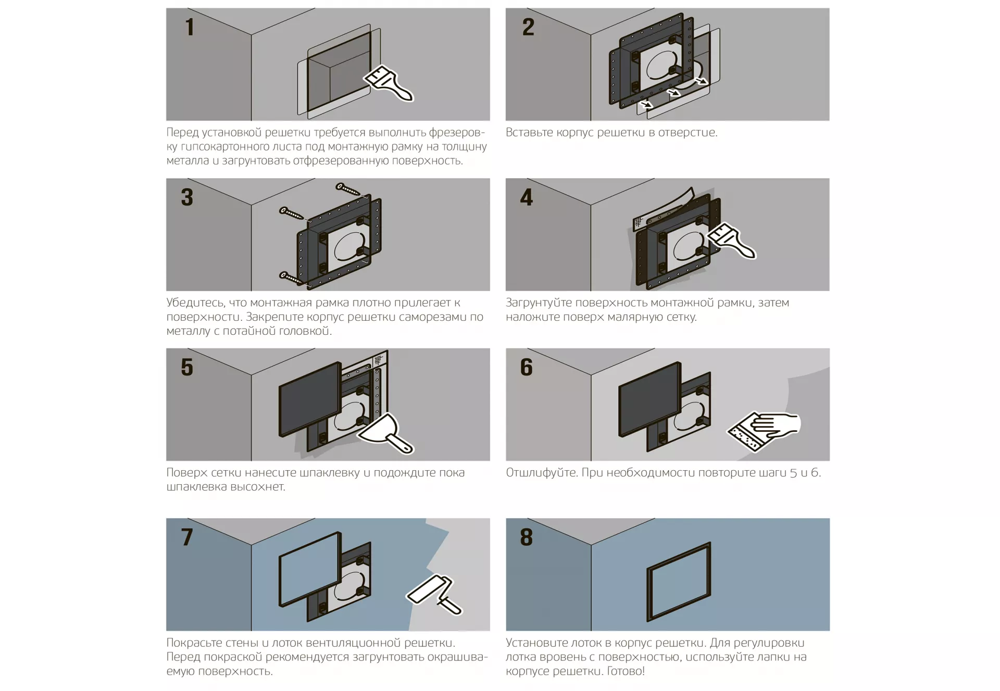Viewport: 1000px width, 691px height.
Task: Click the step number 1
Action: pos(190,27)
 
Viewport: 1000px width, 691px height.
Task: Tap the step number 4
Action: pos(527,197)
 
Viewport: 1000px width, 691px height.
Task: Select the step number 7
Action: pos(187,537)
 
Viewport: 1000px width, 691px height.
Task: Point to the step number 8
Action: pos(527,537)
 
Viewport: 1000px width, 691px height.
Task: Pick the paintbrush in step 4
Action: pos(730,240)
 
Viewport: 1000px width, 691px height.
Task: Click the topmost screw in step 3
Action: pos(347,190)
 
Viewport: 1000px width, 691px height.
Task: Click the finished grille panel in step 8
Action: pos(679,582)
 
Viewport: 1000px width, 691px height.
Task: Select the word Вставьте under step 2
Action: pos(529,132)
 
